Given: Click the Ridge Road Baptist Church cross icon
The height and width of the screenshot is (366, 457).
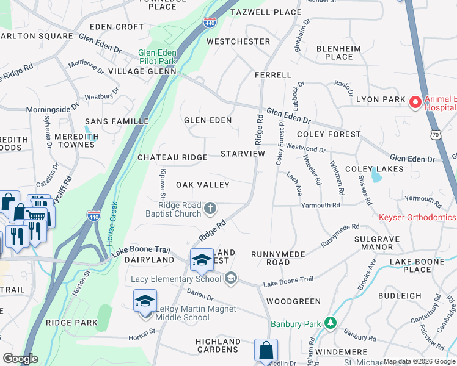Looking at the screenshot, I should click(x=210, y=209).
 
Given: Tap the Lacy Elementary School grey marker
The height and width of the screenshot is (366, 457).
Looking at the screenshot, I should click(x=230, y=279).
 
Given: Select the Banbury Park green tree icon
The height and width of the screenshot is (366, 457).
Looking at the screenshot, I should click(x=330, y=321).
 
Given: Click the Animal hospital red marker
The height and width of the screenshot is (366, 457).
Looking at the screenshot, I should click(x=415, y=102).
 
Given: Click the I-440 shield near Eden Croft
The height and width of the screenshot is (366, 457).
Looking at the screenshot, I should click(x=208, y=22).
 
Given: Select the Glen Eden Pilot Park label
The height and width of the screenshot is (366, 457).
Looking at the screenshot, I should click(x=158, y=57).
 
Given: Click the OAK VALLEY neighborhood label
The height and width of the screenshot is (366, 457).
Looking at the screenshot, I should click(x=202, y=185).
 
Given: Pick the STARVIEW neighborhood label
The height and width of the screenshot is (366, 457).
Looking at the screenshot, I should click(x=243, y=154).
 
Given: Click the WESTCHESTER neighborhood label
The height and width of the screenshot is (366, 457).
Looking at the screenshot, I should click(x=238, y=41).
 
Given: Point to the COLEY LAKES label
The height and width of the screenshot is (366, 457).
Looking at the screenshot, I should click(x=374, y=169).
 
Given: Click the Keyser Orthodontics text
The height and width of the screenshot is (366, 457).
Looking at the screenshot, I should click(x=417, y=217).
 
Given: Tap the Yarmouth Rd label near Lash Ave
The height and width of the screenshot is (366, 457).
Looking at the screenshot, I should click(x=320, y=206).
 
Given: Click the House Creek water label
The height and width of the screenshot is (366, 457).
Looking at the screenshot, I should click(x=112, y=229).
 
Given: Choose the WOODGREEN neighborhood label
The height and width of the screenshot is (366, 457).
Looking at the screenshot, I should click(x=293, y=301).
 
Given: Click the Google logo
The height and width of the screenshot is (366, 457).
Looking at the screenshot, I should click(x=20, y=359).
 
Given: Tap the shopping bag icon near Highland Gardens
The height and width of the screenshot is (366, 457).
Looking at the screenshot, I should click(x=266, y=350).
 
